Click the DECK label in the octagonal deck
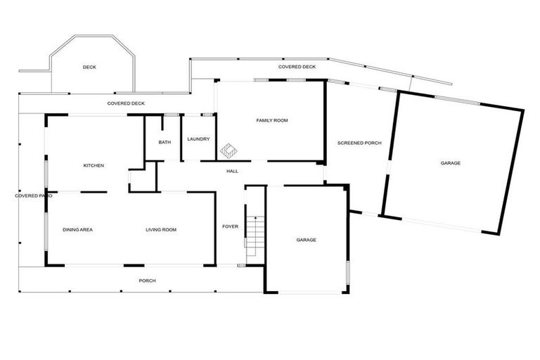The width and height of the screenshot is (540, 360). [89, 67]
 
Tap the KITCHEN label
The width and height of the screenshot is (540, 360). [94, 165]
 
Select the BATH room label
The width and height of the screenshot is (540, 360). [165, 142]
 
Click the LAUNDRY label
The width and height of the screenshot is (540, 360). [198, 139]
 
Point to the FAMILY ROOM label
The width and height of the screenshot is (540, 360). [271, 120]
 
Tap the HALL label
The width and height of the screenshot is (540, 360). [232, 171]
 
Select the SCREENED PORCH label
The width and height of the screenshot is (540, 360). [359, 143]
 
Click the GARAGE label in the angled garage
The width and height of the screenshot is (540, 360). [451, 163]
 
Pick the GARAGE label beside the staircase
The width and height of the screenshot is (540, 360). [306, 240]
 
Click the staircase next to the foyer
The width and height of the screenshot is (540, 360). [255, 236]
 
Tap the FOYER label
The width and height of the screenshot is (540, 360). [230, 227]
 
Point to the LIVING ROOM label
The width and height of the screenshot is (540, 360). [161, 230]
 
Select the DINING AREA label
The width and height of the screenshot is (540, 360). [77, 230]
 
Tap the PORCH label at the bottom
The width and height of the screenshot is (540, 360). [147, 281]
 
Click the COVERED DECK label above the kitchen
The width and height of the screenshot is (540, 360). [126, 103]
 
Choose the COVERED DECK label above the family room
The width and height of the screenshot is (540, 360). [297, 67]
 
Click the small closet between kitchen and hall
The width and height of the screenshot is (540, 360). [141, 179]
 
